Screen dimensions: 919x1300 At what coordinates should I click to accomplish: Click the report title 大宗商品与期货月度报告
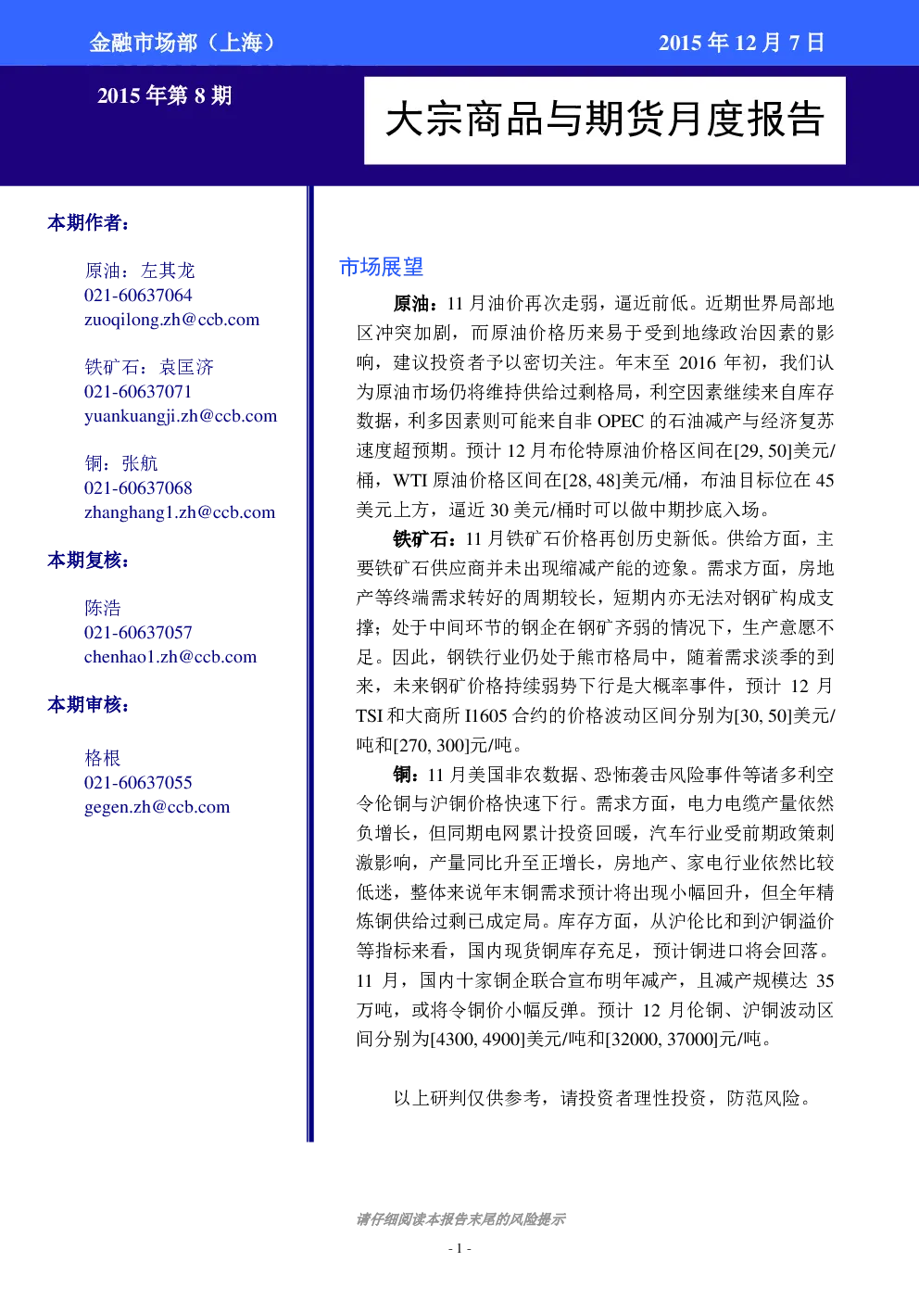click(605, 120)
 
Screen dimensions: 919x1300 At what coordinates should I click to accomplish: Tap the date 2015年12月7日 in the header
click(741, 43)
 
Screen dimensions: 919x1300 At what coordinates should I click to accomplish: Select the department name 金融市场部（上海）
click(183, 43)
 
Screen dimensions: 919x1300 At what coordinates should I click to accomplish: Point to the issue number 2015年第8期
click(164, 95)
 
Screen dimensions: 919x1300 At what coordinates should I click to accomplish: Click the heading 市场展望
click(381, 267)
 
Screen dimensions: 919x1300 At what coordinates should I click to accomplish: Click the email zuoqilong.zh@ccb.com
click(171, 320)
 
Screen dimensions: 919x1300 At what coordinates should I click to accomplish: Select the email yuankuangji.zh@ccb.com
click(181, 416)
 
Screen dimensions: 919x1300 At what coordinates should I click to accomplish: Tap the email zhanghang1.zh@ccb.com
click(180, 512)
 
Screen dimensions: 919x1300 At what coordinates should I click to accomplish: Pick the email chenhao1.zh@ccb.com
click(170, 657)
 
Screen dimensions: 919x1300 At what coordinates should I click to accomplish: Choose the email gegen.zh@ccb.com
click(157, 807)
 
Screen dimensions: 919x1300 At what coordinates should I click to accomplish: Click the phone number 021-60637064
click(138, 296)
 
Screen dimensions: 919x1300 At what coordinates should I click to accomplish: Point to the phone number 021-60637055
click(138, 783)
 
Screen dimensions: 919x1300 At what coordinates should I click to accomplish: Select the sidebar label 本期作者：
click(88, 222)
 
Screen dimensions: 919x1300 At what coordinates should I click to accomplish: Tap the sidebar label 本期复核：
click(88, 560)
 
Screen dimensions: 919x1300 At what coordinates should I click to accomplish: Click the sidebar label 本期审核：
click(88, 704)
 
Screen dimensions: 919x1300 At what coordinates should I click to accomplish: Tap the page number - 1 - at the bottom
click(459, 1248)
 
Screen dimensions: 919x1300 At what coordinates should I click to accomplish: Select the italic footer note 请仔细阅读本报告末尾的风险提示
click(460, 1219)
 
